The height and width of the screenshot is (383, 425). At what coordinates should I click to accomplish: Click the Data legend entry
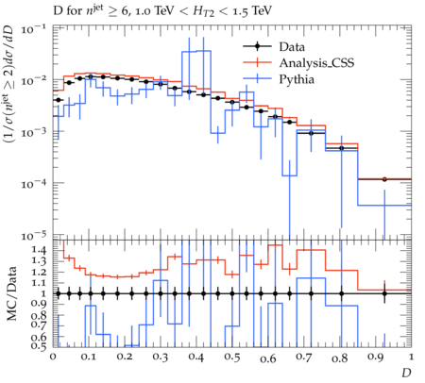(x=292, y=47)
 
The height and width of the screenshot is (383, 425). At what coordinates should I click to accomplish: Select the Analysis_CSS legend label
(x=316, y=63)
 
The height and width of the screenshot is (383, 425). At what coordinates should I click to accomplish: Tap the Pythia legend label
(x=297, y=79)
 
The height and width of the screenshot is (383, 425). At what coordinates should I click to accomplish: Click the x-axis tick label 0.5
(x=232, y=358)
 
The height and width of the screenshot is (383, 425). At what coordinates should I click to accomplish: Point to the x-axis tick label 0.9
(x=376, y=358)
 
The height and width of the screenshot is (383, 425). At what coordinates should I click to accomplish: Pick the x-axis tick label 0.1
(x=89, y=358)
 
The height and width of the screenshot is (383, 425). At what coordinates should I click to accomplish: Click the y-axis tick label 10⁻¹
(x=33, y=29)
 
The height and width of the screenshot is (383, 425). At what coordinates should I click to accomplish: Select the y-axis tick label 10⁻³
(x=33, y=132)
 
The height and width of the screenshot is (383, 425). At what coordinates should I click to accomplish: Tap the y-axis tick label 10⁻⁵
(x=33, y=236)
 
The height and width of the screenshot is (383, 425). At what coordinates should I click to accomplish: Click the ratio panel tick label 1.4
(x=39, y=251)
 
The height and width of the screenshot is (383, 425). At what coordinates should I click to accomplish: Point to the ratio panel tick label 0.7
(x=39, y=325)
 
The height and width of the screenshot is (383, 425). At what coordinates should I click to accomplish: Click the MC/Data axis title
(x=11, y=293)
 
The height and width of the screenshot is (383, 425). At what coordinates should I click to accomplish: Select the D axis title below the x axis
(x=406, y=373)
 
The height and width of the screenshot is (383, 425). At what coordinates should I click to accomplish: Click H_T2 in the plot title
(x=203, y=11)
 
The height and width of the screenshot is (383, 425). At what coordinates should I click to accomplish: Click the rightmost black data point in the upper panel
(x=384, y=179)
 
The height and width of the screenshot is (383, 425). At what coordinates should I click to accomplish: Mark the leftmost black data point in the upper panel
(x=58, y=100)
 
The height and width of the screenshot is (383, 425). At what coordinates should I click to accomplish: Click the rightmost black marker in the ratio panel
(x=384, y=293)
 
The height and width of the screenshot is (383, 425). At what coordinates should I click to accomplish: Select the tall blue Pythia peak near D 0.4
(x=196, y=52)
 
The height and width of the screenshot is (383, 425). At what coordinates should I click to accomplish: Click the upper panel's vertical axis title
(x=10, y=83)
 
